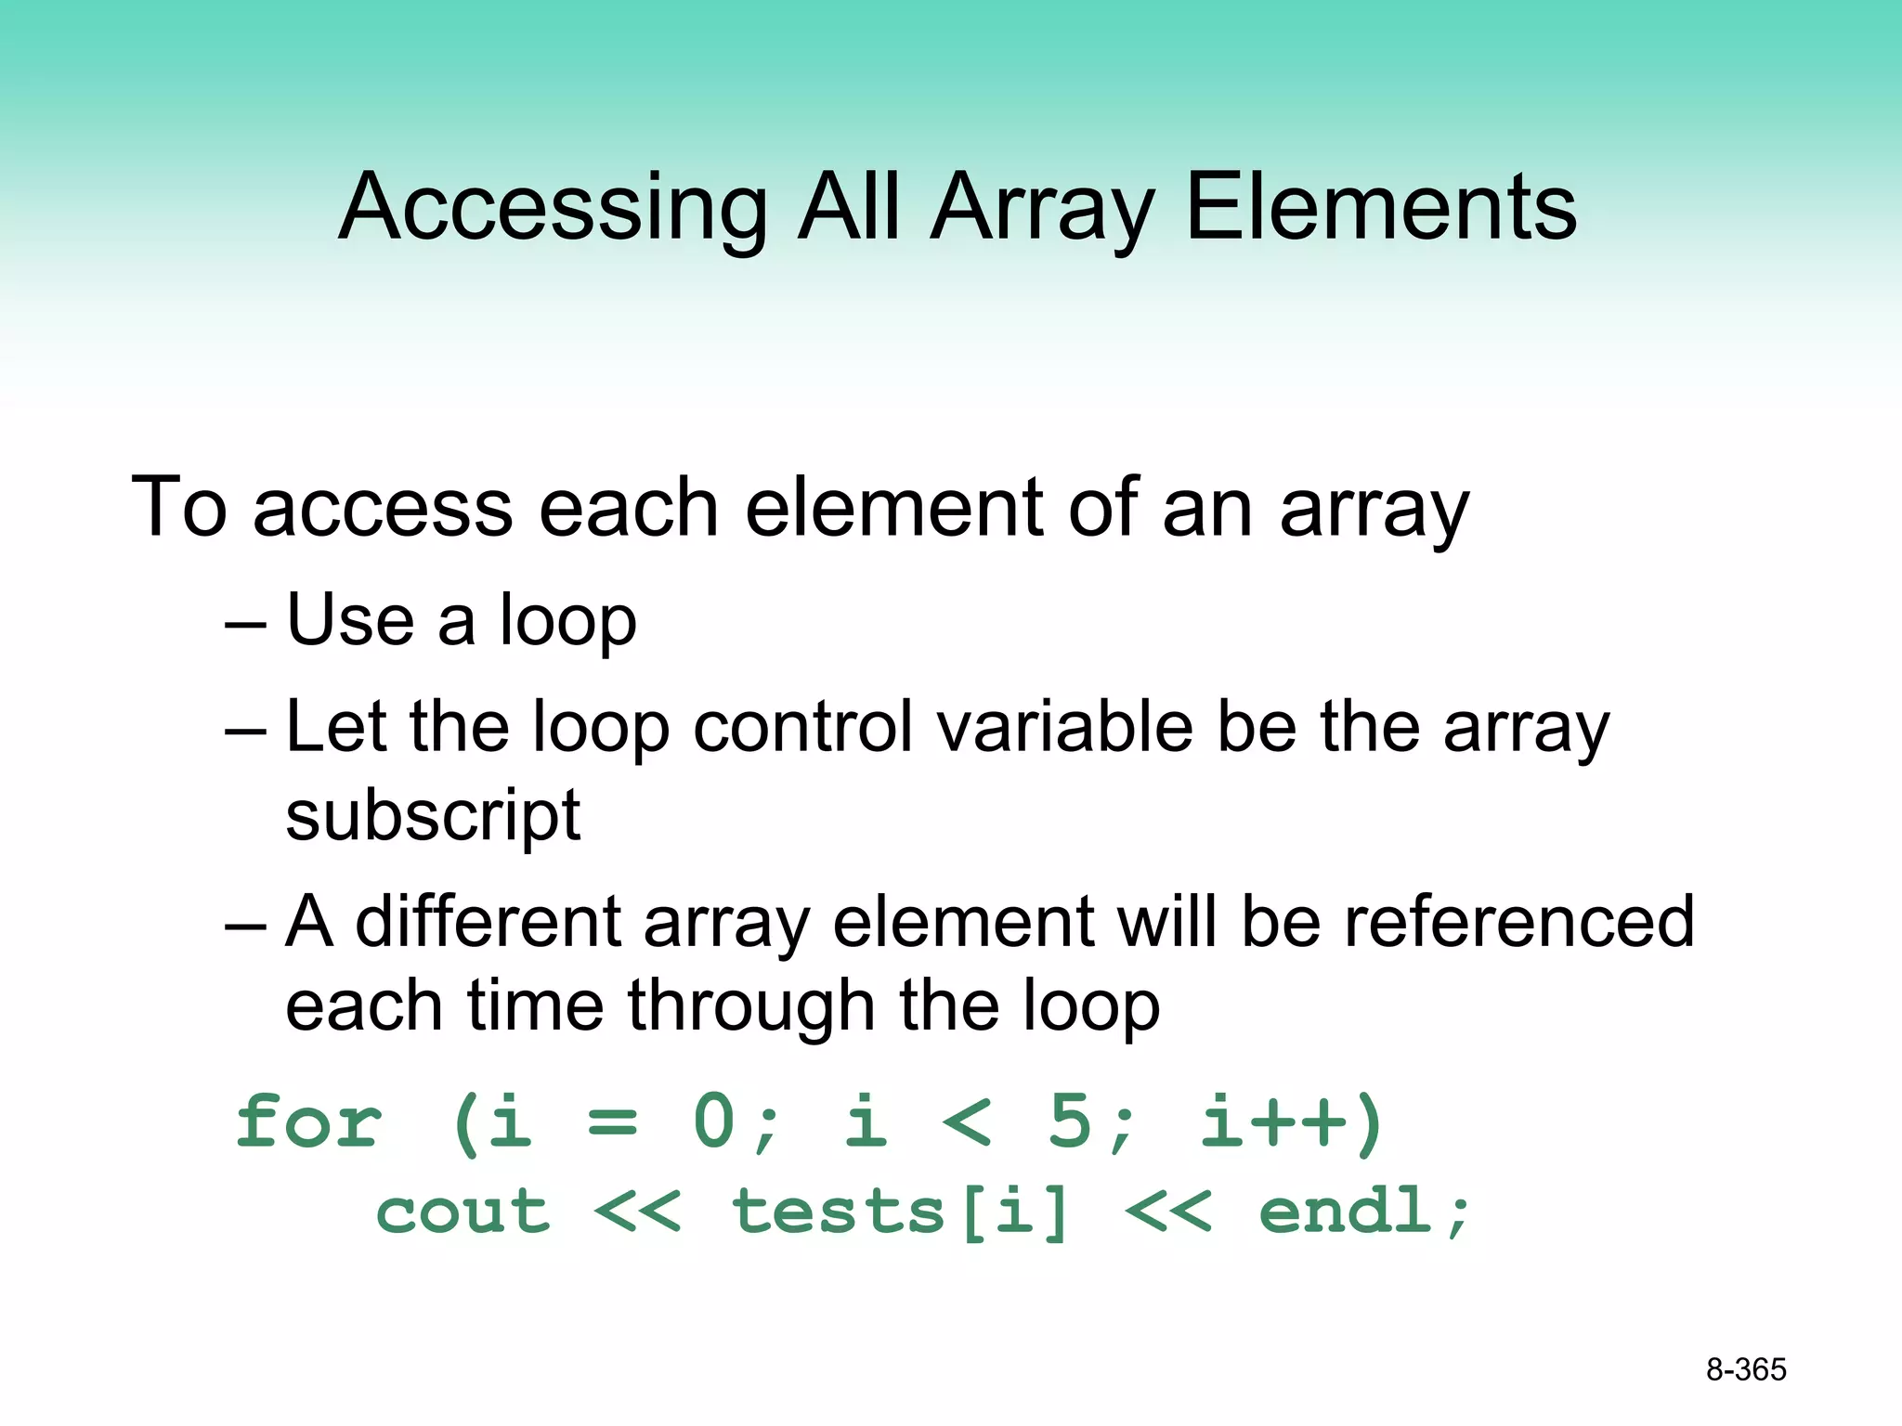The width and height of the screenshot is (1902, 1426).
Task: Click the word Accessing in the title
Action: click(554, 208)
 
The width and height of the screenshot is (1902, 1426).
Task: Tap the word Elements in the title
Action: click(1381, 208)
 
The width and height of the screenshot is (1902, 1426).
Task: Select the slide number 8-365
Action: click(1746, 1369)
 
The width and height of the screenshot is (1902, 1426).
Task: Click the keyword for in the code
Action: click(308, 1122)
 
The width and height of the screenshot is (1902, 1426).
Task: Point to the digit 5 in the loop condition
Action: click(1069, 1122)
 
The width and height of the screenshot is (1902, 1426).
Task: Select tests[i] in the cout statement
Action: click(901, 1212)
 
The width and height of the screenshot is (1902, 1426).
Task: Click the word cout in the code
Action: click(462, 1212)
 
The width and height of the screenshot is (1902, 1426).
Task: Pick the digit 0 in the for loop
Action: click(715, 1122)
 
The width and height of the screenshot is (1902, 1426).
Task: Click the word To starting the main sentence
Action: click(179, 508)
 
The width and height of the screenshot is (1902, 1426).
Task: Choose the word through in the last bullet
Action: click(750, 1007)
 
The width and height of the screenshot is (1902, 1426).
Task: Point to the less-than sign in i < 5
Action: click(967, 1122)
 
